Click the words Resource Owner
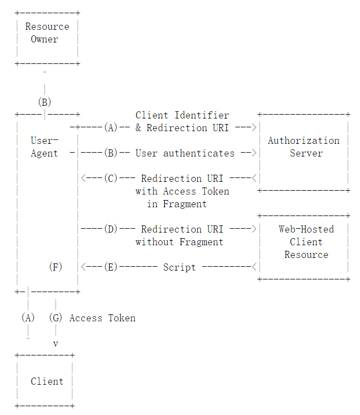click(47, 33)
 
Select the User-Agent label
click(45, 147)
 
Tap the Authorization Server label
click(304, 147)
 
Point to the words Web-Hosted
click(307, 229)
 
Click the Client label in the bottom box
click(47, 381)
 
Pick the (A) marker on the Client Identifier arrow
click(111, 127)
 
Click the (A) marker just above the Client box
click(28, 317)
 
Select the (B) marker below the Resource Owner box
click(45, 102)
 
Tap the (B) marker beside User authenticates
click(111, 153)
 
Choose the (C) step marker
click(111, 179)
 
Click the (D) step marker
click(111, 229)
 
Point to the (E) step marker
click(111, 267)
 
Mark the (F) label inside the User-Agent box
click(56, 267)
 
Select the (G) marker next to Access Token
click(56, 317)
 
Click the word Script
click(180, 267)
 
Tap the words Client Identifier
click(182, 115)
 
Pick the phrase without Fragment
click(180, 242)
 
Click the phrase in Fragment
click(177, 204)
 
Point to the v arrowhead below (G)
click(56, 344)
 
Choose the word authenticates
click(199, 153)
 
